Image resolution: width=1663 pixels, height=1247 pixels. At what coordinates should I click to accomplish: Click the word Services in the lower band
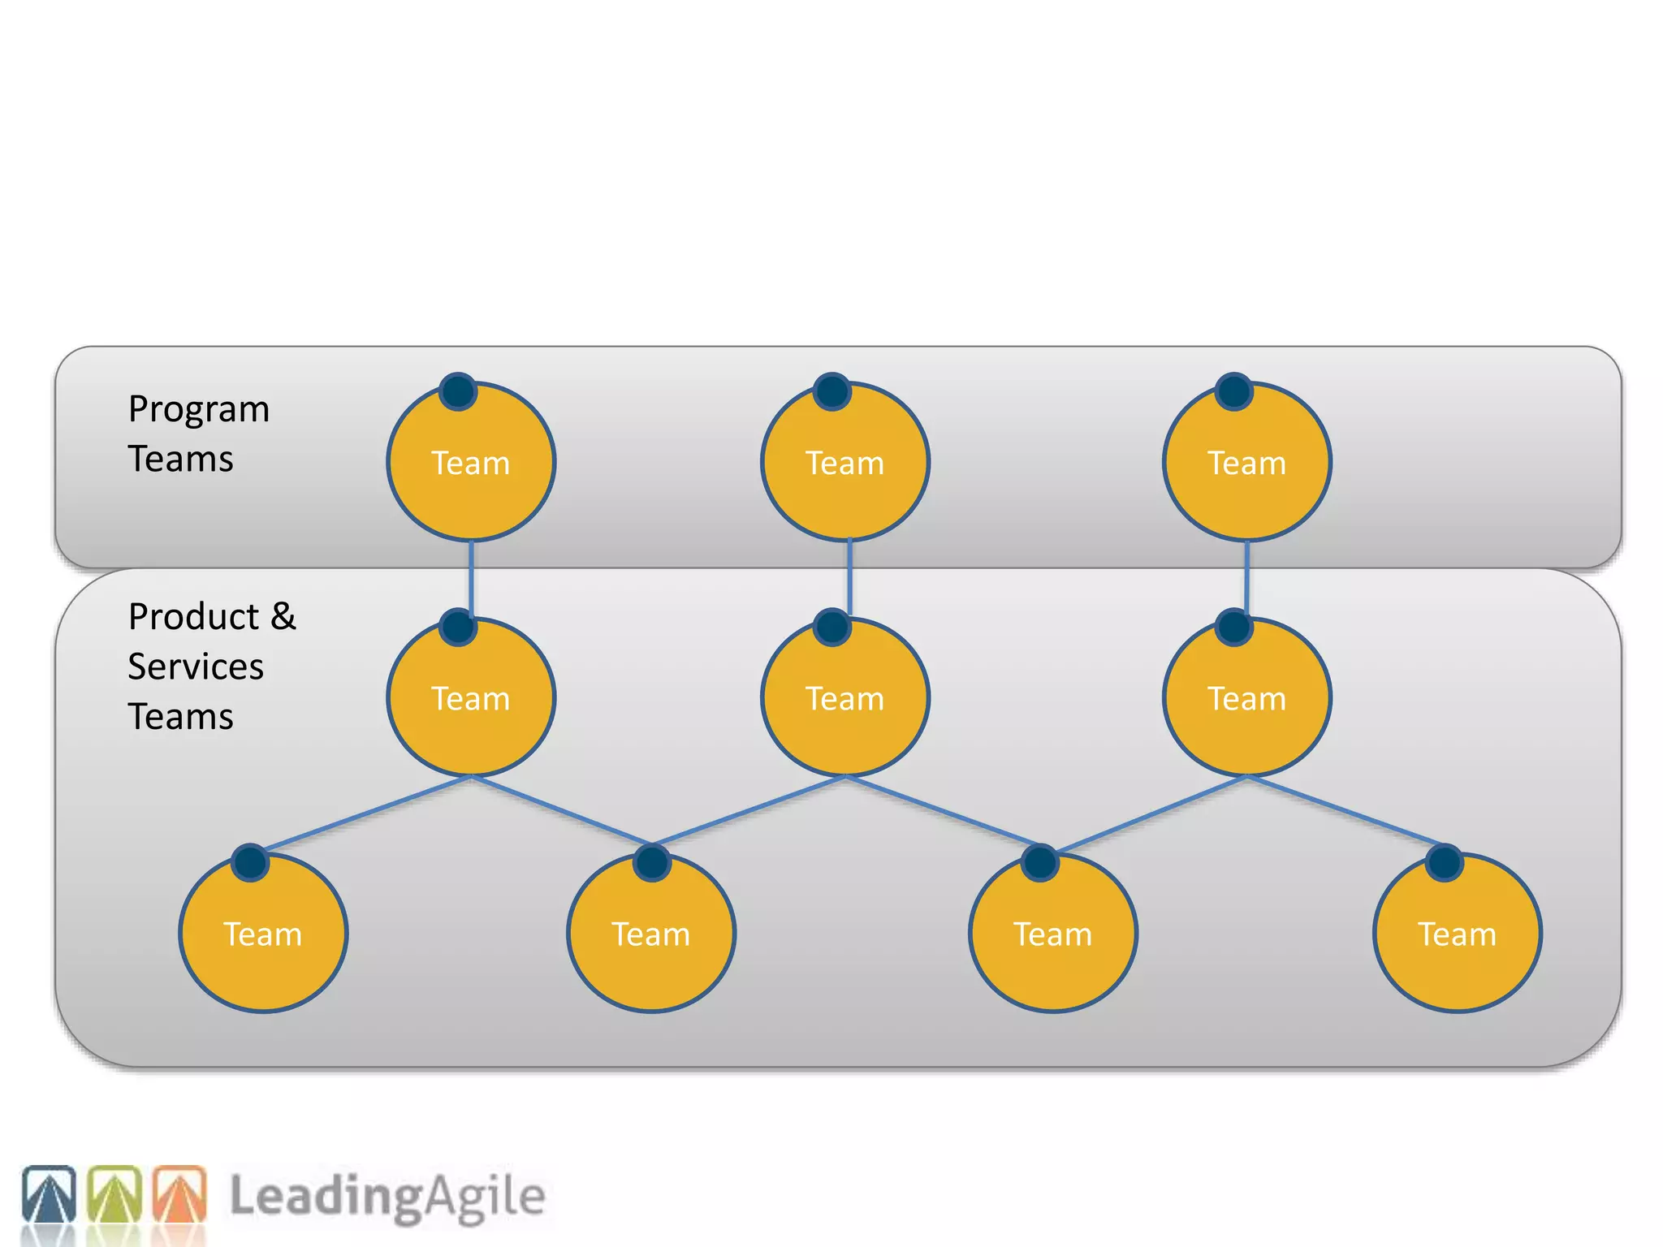tap(196, 667)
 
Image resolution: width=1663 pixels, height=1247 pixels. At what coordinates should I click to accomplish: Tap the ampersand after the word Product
tap(283, 616)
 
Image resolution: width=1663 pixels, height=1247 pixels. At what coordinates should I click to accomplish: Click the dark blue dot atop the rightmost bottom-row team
tap(1444, 862)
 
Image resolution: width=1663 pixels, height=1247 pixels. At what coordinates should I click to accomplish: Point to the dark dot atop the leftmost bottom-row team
tap(250, 862)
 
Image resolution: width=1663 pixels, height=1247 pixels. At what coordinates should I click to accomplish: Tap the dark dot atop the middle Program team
tap(831, 391)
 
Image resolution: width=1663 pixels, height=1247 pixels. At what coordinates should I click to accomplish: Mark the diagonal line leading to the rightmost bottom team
tap(1344, 810)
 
